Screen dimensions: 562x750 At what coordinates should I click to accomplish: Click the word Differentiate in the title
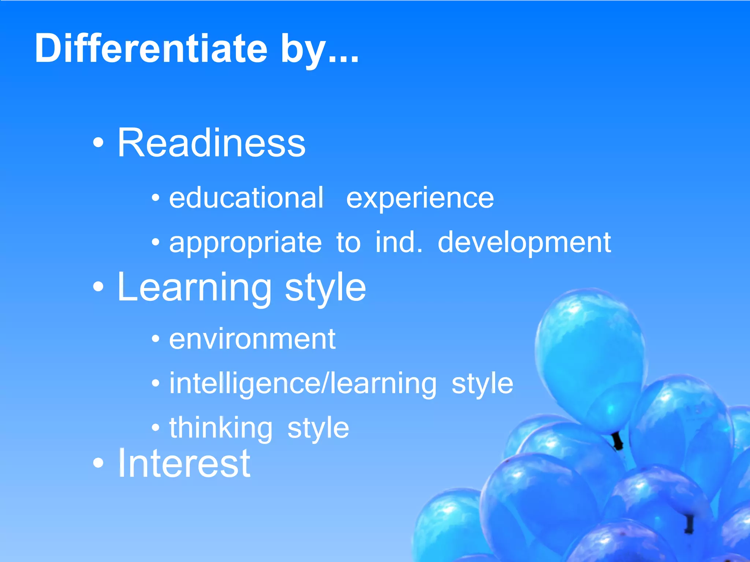point(151,49)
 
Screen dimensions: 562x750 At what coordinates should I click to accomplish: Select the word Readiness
point(211,143)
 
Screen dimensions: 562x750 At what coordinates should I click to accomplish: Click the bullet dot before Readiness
point(98,142)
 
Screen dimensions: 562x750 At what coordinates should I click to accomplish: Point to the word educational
point(246,198)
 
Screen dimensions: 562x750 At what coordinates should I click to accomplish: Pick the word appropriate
point(245,243)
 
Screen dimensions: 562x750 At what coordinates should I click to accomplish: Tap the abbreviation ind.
point(398,242)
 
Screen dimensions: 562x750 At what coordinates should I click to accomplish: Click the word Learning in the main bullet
point(194,288)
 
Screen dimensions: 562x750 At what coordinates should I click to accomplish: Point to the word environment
point(252,339)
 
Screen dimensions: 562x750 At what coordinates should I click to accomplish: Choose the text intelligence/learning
point(303,384)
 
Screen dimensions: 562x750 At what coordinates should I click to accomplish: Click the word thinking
point(221,428)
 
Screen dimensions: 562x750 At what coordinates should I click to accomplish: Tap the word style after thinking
point(318,429)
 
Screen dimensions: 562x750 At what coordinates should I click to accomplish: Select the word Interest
point(184,464)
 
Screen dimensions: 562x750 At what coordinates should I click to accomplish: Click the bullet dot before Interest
point(98,463)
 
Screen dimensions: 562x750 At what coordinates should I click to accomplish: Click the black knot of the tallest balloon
point(618,441)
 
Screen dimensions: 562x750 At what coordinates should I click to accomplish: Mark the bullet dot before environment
point(156,339)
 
